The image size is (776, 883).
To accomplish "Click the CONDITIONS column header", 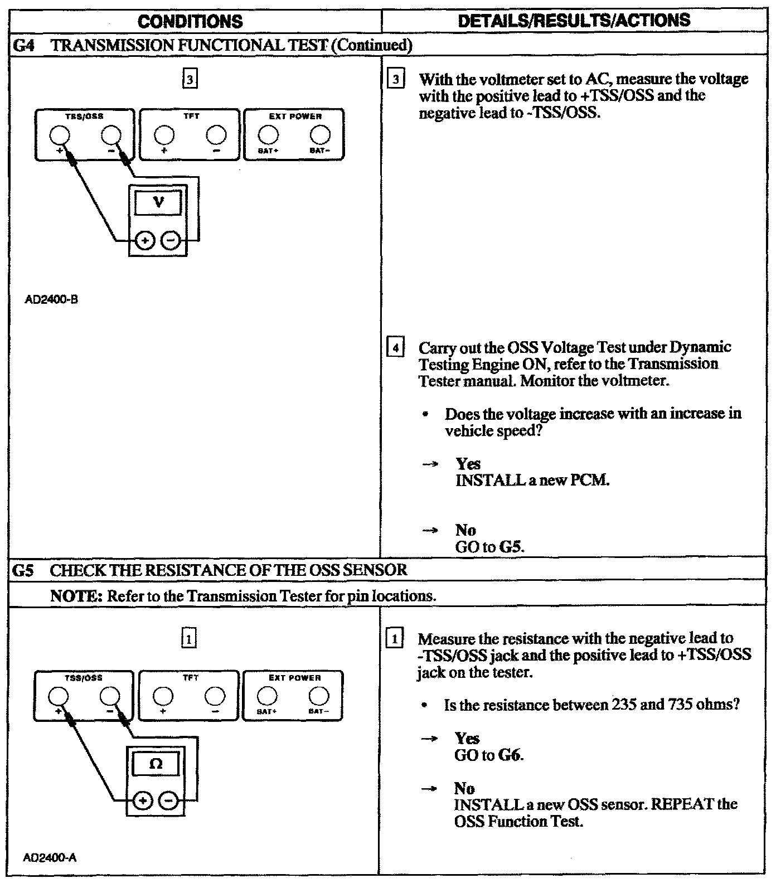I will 190,22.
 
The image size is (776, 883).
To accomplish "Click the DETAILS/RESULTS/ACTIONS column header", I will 574,21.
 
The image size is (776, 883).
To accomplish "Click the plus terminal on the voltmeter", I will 145,241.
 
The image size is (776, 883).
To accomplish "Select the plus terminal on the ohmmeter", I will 143,801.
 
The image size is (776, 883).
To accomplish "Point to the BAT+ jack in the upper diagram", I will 268,134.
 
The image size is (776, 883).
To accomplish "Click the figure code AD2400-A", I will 50,858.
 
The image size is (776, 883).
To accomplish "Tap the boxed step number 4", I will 395,348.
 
